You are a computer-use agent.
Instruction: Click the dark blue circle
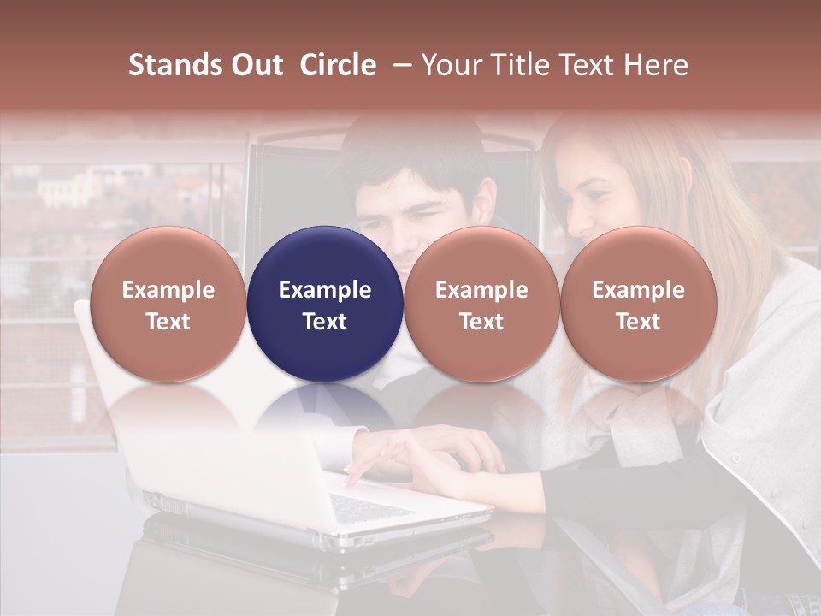[325, 304]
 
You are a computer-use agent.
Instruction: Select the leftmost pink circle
[168, 304]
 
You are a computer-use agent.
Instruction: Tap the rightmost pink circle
[638, 304]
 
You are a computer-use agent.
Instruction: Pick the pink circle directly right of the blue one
[481, 304]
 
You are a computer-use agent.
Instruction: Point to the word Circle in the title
[338, 65]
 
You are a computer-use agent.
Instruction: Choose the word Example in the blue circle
[325, 290]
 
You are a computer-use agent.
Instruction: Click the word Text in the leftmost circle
[168, 322]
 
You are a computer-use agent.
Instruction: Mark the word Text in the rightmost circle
[638, 322]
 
